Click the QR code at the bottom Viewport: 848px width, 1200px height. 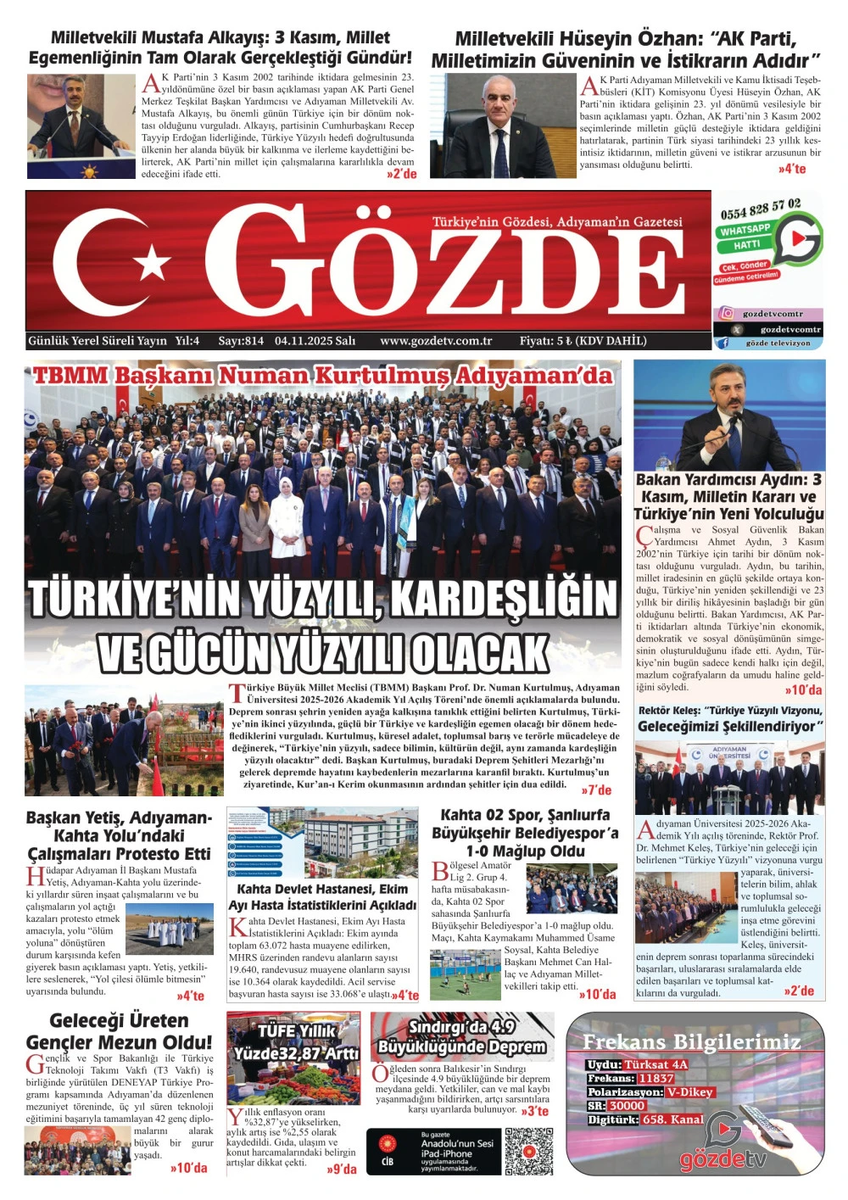click(529, 1151)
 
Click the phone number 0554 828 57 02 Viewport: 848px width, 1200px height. click(760, 209)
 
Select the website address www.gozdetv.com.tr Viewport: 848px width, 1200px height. click(436, 341)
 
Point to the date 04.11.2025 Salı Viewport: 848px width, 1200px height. click(315, 341)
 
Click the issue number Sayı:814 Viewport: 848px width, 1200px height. click(241, 341)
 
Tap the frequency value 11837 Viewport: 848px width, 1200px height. click(656, 1078)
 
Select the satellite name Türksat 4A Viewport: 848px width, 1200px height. click(656, 1064)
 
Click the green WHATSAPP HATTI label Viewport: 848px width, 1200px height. click(745, 237)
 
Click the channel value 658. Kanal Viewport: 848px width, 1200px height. click(673, 1119)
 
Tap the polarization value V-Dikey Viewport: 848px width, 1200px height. click(689, 1091)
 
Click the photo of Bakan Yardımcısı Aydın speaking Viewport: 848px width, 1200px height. click(729, 416)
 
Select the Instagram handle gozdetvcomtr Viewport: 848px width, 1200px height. click(773, 314)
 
